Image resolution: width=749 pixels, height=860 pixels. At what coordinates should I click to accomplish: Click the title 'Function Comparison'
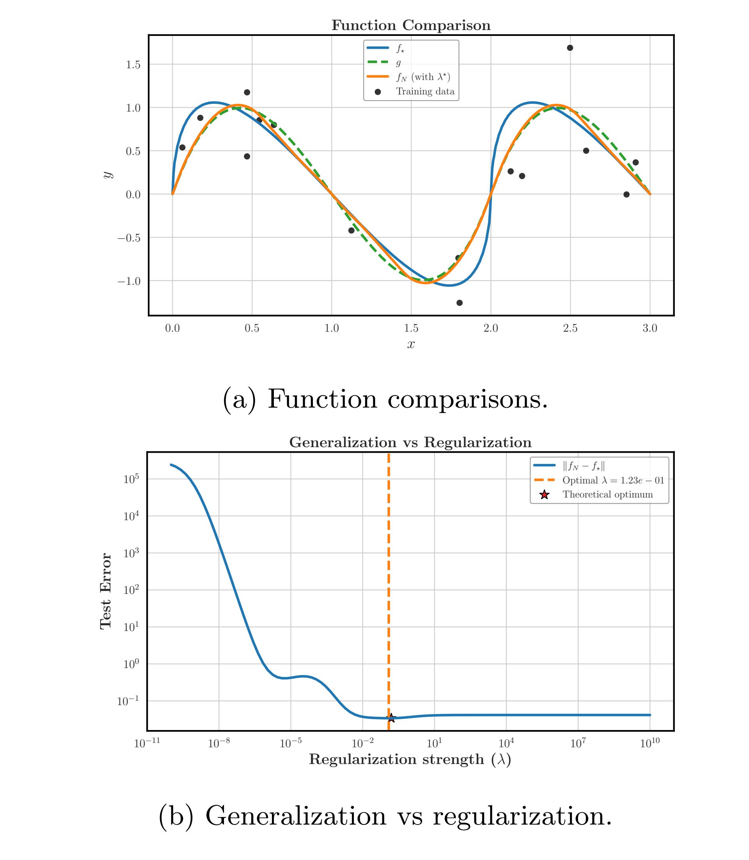[411, 25]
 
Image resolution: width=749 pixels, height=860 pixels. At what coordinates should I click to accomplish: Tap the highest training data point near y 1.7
[570, 48]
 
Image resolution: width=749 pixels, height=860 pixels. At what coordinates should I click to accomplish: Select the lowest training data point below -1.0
[460, 303]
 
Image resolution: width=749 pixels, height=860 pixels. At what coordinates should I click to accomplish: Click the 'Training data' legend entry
[425, 92]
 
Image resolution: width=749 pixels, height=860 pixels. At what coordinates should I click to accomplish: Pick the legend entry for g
[398, 63]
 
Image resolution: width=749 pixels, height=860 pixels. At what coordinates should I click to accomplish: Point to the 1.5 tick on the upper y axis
[133, 65]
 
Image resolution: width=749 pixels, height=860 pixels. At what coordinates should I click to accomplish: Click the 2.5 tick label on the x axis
[570, 328]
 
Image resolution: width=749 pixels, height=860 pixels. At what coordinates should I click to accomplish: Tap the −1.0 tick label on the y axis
[129, 281]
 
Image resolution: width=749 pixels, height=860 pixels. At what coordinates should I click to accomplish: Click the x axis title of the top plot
[411, 344]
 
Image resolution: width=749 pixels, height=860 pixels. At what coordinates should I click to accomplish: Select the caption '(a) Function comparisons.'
[385, 399]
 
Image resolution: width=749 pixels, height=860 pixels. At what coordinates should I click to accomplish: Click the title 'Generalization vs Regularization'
[410, 442]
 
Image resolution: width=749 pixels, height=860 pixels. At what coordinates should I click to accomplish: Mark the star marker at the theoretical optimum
[391, 718]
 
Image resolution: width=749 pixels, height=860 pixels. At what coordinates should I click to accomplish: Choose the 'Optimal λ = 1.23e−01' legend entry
[613, 480]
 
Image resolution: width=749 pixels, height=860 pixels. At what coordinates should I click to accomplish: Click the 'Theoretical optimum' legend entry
[607, 495]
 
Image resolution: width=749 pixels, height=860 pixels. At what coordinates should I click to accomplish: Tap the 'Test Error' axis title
[106, 591]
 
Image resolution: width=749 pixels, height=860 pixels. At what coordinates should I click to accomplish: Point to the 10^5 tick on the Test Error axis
[131, 479]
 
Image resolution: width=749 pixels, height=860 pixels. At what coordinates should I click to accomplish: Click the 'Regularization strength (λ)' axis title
[410, 759]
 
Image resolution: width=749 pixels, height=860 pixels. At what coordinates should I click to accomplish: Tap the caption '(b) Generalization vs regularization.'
[385, 816]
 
